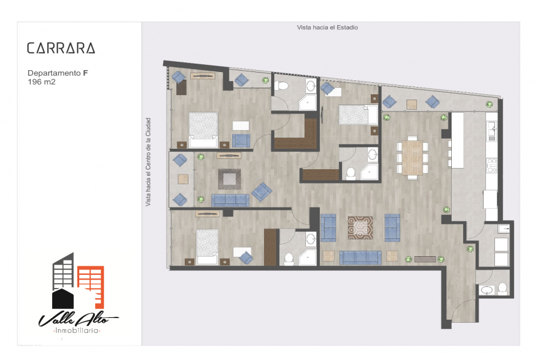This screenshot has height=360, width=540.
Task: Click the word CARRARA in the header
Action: pyautogui.click(x=61, y=48)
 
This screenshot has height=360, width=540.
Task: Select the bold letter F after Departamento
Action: pyautogui.click(x=86, y=73)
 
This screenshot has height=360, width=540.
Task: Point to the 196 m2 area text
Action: pyautogui.click(x=41, y=82)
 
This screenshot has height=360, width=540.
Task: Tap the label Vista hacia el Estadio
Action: pyautogui.click(x=327, y=27)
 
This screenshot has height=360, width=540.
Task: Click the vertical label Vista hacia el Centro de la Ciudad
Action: pyautogui.click(x=148, y=163)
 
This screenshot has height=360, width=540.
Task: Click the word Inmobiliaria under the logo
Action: pyautogui.click(x=76, y=331)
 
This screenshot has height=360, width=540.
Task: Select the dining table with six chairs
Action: pyautogui.click(x=412, y=157)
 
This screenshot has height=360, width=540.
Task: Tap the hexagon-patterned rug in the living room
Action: pyautogui.click(x=360, y=228)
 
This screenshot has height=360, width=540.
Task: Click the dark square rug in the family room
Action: pyautogui.click(x=230, y=178)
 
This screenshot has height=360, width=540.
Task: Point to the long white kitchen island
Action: pyautogui.click(x=458, y=141)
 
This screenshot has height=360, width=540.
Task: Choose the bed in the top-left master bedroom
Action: pyautogui.click(x=203, y=130)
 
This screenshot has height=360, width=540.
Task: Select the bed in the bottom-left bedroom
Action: pyautogui.click(x=206, y=246)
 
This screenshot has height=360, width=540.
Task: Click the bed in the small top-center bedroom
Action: pyautogui.click(x=353, y=115)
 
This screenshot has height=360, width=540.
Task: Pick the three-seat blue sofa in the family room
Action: pyautogui.click(x=230, y=200)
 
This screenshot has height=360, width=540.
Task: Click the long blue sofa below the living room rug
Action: pyautogui.click(x=360, y=257)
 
